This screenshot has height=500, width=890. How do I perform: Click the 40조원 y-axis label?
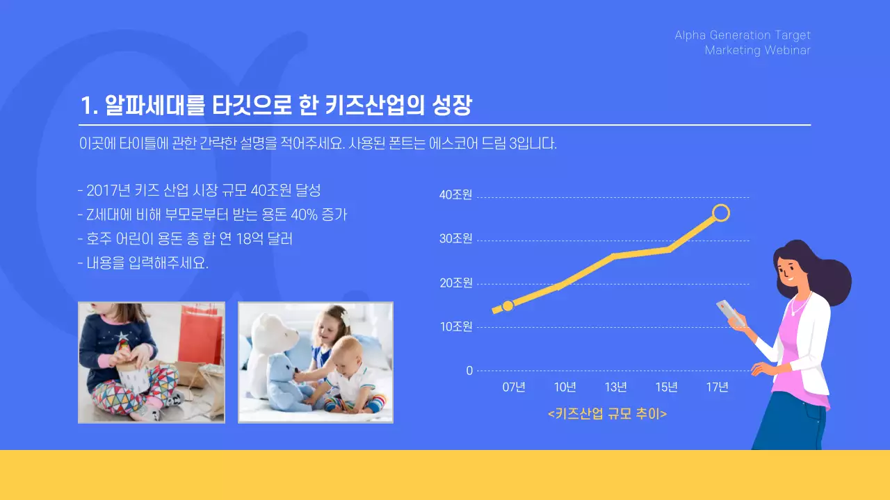(x=455, y=195)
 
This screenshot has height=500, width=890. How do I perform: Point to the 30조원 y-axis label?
(x=455, y=239)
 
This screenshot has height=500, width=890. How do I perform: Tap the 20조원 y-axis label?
(x=455, y=283)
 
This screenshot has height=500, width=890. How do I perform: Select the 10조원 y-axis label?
(x=455, y=326)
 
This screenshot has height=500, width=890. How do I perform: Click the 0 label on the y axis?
(x=469, y=371)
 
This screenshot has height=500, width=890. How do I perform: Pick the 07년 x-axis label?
(x=514, y=387)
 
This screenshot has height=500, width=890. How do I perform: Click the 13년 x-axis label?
(x=615, y=387)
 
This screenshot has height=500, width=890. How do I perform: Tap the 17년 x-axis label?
(x=717, y=387)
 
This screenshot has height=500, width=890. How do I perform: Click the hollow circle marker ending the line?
(x=721, y=212)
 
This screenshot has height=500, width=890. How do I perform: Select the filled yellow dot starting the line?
(x=508, y=306)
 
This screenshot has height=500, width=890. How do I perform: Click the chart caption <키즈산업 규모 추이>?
(x=607, y=414)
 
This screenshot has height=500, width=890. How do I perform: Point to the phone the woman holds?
(x=729, y=312)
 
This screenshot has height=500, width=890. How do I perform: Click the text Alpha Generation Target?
(x=743, y=35)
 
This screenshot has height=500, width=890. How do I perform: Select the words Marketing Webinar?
(x=757, y=51)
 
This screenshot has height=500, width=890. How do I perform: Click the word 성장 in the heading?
(x=452, y=106)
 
